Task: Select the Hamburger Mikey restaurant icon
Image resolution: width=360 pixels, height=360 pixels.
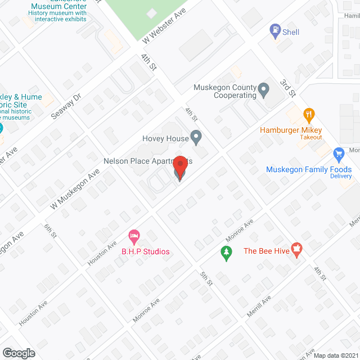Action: tap(308, 116)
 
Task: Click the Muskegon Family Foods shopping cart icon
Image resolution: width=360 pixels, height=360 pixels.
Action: tap(339, 154)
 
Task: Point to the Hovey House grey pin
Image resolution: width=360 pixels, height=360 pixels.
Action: tap(196, 137)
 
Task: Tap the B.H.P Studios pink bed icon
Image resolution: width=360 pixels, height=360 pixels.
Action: tap(134, 236)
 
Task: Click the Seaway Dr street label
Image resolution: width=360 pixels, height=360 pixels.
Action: tap(66, 106)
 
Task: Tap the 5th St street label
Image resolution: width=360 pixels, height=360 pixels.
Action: tap(205, 279)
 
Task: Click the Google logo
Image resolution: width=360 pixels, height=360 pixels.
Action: tap(18, 353)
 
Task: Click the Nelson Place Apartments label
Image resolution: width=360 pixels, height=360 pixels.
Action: tap(147, 161)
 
